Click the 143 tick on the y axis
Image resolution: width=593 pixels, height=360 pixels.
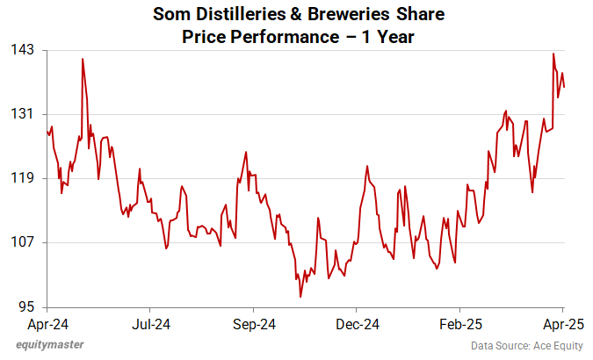pos(23,50)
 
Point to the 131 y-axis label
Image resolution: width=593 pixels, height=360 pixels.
pos(23,114)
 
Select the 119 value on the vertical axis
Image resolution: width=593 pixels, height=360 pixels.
pos(23,178)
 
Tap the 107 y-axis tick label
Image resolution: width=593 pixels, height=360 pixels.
pos(23,242)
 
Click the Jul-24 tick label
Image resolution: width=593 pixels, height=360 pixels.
pos(150,323)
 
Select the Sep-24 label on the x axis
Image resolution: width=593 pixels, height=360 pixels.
pos(254,323)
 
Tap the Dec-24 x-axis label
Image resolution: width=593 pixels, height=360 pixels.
pos(358,323)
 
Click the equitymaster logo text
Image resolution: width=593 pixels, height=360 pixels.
pos(50,344)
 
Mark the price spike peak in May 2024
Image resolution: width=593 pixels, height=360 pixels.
pos(83,59)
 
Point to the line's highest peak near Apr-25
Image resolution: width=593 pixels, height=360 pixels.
pos(553,54)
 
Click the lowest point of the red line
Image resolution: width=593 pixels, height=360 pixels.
pos(300,297)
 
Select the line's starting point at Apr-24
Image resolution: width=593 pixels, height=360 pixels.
pos(47,132)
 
